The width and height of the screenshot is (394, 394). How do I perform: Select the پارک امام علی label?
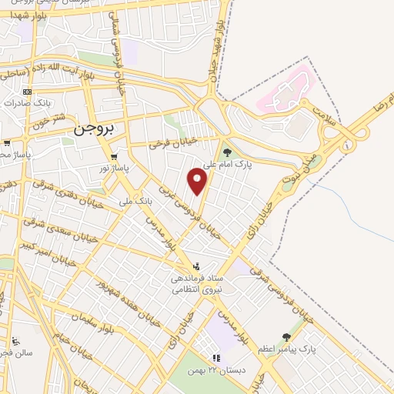pyautogui.click(x=230, y=163)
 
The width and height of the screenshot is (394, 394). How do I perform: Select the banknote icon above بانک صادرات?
pyautogui.click(x=28, y=92)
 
